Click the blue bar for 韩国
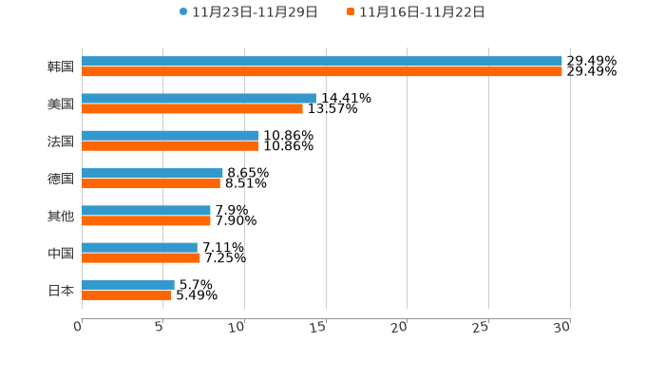(x=322, y=61)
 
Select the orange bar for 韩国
(x=322, y=71)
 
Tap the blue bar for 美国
(x=199, y=98)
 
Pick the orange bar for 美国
(x=192, y=108)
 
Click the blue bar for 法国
(x=170, y=136)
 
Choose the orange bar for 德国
(x=151, y=183)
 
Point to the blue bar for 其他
(x=146, y=210)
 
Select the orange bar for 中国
(x=141, y=257)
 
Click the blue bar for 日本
(x=128, y=284)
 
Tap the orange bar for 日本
(x=126, y=294)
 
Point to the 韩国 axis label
(x=61, y=66)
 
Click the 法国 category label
(x=61, y=142)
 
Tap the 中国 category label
(x=61, y=253)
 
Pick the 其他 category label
(x=61, y=216)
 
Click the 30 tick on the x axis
(x=562, y=327)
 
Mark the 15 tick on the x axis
(x=318, y=327)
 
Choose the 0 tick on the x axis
(x=78, y=327)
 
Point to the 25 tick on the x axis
(x=481, y=327)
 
